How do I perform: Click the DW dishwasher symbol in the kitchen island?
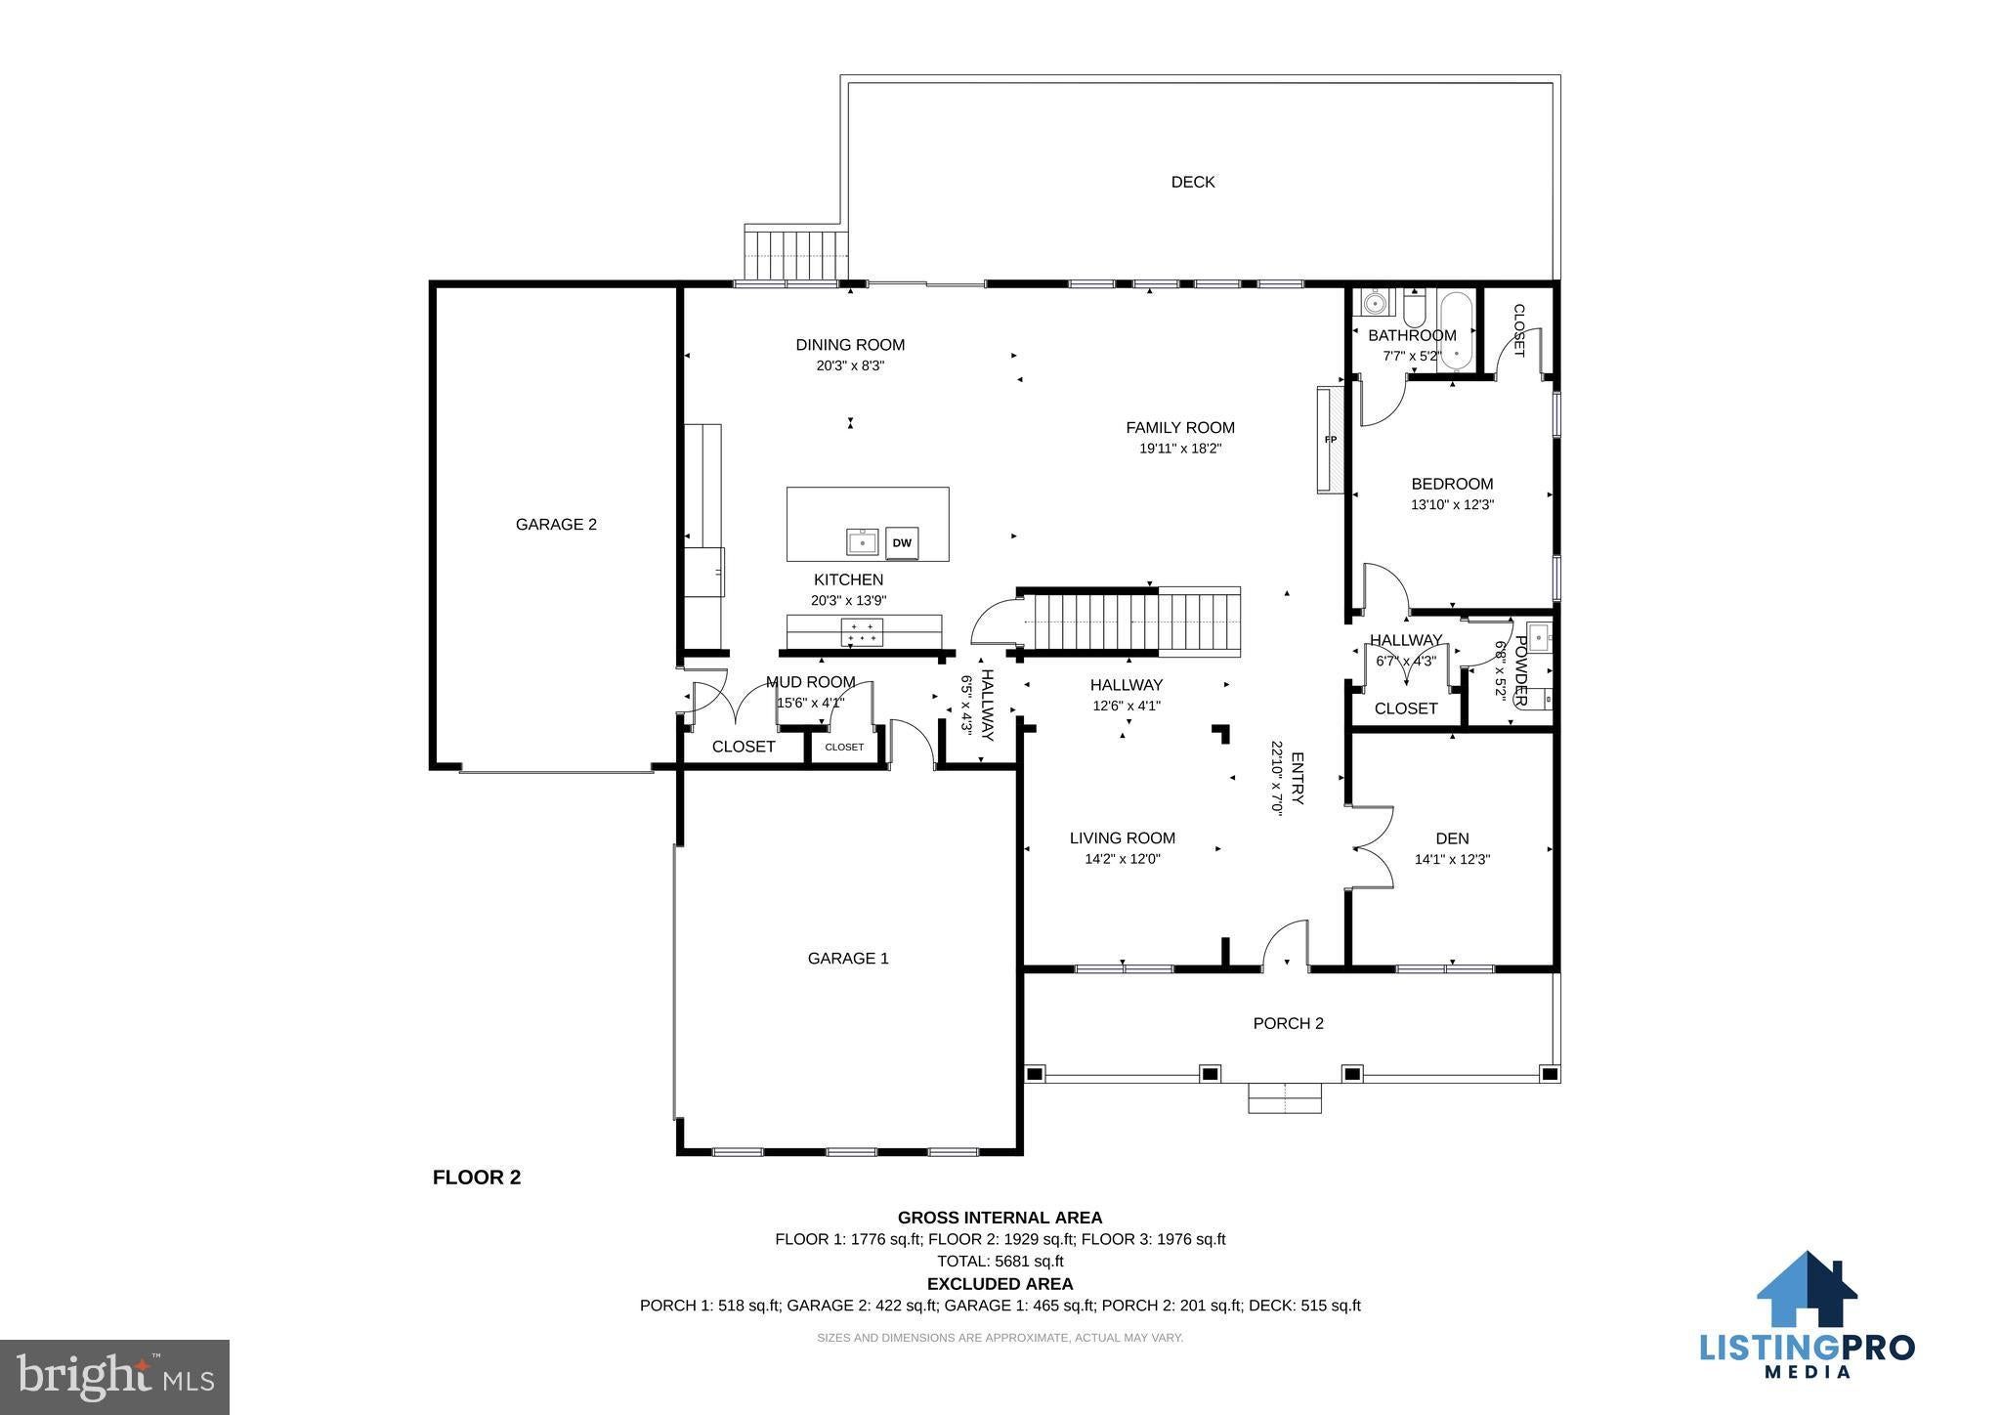(x=902, y=542)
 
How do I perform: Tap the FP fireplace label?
(x=1330, y=440)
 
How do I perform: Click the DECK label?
(x=1193, y=182)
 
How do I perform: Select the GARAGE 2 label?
(x=556, y=525)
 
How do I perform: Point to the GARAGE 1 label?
(x=848, y=959)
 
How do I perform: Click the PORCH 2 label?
(x=1289, y=1023)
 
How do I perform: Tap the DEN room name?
(x=1453, y=838)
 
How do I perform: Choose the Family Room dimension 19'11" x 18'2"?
(x=1180, y=449)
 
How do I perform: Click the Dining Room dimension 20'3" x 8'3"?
(x=850, y=365)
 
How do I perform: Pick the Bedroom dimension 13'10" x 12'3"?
(x=1453, y=505)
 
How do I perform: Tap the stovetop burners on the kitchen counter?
(x=862, y=631)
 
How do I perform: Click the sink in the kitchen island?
(x=863, y=541)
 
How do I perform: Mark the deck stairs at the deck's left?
(x=796, y=253)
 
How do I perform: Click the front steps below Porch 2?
(x=1285, y=1097)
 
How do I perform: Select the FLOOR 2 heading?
(x=477, y=1178)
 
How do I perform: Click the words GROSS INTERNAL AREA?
(x=1000, y=1218)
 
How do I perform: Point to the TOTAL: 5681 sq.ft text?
(x=1000, y=1261)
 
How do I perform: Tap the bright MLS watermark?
(x=115, y=1377)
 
